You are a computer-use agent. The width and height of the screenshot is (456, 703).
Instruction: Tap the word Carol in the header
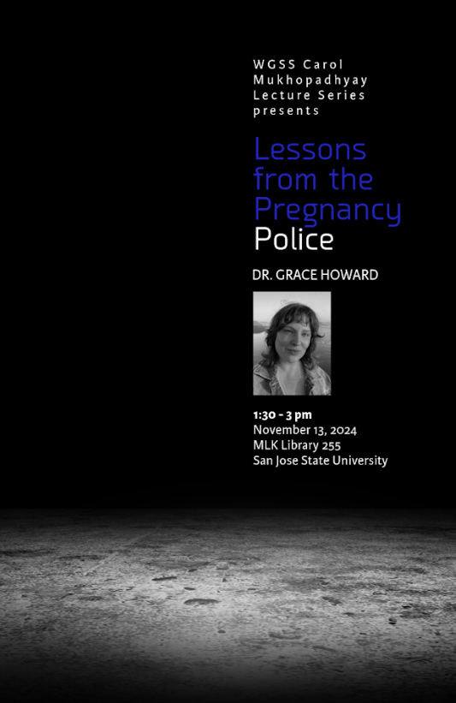click(322, 64)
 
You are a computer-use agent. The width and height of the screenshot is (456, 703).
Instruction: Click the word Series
click(343, 95)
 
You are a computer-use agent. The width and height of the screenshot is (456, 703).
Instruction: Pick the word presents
click(286, 110)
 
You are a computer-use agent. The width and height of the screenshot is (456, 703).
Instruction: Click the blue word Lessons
click(310, 150)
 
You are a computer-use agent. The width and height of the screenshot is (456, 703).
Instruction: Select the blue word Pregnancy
click(327, 211)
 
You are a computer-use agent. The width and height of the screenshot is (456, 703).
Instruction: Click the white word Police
click(293, 240)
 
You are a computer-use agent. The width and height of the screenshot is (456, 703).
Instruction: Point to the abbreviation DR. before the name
click(263, 276)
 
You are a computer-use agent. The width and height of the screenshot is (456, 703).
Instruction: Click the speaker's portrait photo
click(292, 343)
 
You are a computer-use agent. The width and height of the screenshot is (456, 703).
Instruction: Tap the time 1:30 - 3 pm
click(282, 415)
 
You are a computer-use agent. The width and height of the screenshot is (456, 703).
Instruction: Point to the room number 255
click(343, 445)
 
